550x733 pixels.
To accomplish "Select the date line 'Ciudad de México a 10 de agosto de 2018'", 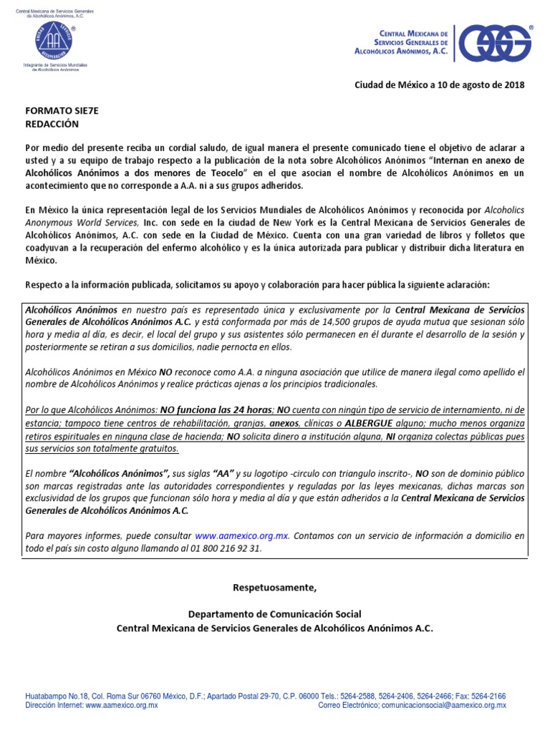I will (x=440, y=85).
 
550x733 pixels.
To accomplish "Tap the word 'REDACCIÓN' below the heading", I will (x=51, y=124).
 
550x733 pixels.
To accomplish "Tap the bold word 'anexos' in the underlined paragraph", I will (x=284, y=423).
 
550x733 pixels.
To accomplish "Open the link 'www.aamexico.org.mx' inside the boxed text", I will (x=242, y=535).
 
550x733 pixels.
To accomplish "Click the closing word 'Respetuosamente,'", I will (x=274, y=588).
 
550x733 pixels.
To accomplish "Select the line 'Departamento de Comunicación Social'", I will (x=274, y=614).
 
